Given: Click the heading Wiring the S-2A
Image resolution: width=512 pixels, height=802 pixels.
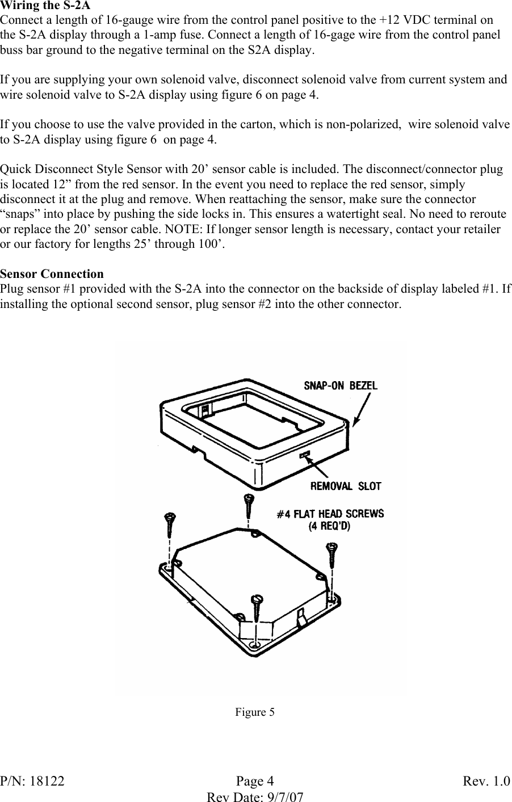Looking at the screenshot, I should point(45,6).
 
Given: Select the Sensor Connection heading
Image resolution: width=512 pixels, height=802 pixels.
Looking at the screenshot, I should point(52,274).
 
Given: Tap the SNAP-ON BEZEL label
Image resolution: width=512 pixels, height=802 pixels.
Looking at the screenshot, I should point(341,385).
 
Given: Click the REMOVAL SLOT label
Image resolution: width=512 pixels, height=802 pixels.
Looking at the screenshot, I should point(346,486).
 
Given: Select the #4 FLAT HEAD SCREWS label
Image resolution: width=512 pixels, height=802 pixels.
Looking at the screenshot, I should point(330,514).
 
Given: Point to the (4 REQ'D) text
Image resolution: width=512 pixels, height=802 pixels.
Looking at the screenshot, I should point(329,526).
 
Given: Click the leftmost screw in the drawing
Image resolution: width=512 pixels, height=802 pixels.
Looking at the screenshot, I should point(170,525).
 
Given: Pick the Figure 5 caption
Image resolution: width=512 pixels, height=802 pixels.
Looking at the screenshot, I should point(255,712).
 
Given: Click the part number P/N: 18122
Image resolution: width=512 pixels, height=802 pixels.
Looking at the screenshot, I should point(32,781).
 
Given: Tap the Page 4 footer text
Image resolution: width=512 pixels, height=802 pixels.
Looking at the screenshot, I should point(255,781).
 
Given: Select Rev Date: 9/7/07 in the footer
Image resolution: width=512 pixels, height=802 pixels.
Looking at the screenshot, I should point(255,796).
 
